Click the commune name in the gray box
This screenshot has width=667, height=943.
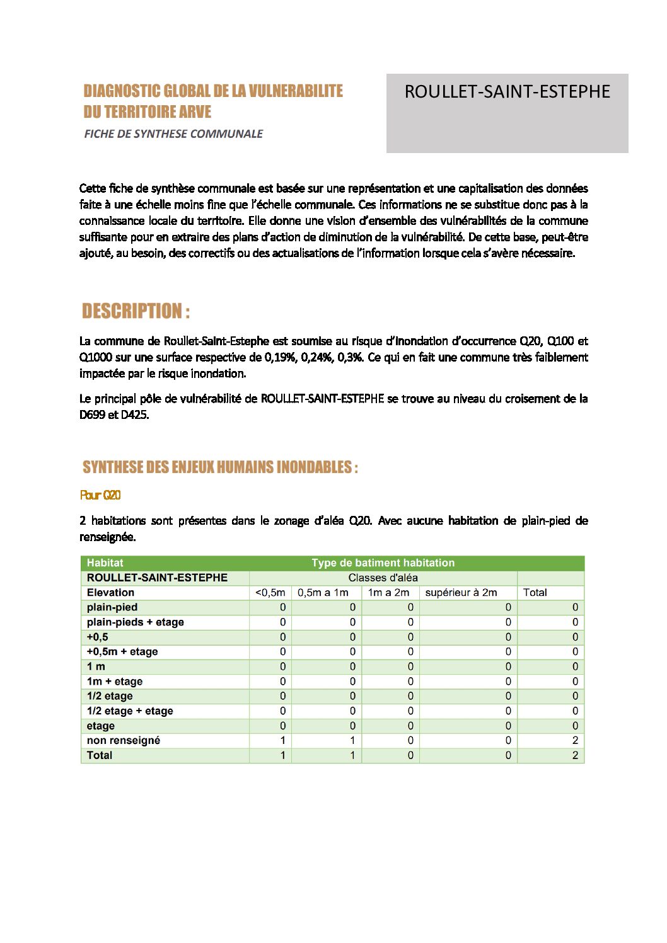tap(507, 92)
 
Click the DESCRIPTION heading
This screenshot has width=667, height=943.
tap(136, 311)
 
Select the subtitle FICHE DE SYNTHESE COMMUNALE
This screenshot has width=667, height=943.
tap(173, 134)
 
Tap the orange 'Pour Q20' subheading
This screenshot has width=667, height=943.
tap(100, 495)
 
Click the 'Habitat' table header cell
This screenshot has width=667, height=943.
tap(105, 563)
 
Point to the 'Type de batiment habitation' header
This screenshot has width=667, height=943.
tap(383, 563)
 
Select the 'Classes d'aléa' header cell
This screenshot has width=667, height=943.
tap(383, 578)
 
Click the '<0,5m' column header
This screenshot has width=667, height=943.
tap(270, 593)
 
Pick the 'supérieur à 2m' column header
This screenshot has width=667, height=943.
tap(461, 593)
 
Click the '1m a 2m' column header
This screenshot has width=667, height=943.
tap(388, 593)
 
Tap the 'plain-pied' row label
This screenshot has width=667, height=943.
tap(112, 607)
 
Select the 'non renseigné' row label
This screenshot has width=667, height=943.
tap(124, 741)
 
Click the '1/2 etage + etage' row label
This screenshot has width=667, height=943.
tap(130, 711)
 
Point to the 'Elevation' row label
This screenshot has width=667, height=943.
tap(110, 593)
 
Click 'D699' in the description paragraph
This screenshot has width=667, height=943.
tap(93, 415)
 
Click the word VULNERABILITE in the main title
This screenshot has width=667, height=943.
tap(296, 91)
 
